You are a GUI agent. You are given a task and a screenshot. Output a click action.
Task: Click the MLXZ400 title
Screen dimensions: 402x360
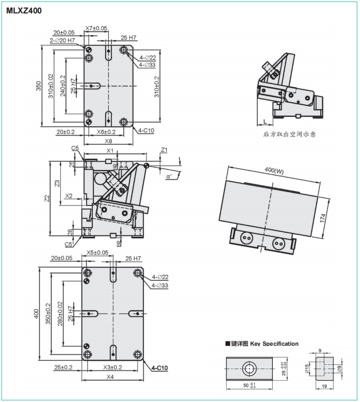24,10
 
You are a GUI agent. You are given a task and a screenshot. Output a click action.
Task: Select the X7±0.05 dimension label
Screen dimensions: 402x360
96,28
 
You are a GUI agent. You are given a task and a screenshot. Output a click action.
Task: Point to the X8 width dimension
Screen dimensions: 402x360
108,140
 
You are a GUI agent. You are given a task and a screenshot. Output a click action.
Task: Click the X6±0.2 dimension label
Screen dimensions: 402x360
106,132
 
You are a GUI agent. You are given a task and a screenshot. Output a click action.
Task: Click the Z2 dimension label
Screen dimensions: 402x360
46,198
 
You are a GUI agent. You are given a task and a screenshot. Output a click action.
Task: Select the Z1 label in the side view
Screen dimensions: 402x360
164,150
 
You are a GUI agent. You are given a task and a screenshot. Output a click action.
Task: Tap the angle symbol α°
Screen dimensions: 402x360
170,175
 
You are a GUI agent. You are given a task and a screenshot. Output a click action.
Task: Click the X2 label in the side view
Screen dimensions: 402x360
70,196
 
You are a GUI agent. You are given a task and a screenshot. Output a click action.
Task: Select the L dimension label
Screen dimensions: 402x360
265,120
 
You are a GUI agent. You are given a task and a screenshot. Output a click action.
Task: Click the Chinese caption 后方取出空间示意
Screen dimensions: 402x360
289,135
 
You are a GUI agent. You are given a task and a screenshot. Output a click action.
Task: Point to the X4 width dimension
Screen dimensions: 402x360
110,377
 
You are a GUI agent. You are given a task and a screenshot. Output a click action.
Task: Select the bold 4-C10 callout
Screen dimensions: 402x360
160,368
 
